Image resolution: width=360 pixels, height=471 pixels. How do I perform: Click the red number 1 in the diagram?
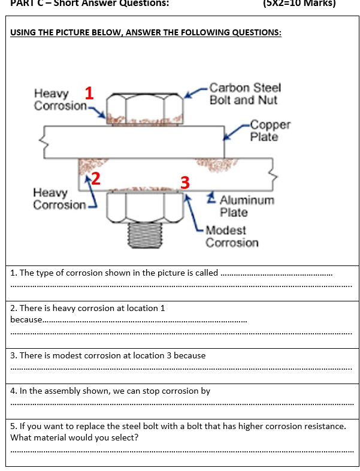(x=89, y=93)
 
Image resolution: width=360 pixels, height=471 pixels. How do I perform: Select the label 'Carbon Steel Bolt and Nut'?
(x=244, y=94)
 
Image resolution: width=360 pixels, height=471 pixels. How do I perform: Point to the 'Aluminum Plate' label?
(x=246, y=206)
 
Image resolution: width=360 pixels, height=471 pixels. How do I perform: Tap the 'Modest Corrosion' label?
(x=232, y=236)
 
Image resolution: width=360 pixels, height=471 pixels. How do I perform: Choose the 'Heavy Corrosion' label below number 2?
(x=58, y=199)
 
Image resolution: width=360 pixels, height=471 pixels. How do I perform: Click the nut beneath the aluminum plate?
(x=144, y=207)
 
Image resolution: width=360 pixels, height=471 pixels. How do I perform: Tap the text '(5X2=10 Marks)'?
(x=299, y=4)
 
